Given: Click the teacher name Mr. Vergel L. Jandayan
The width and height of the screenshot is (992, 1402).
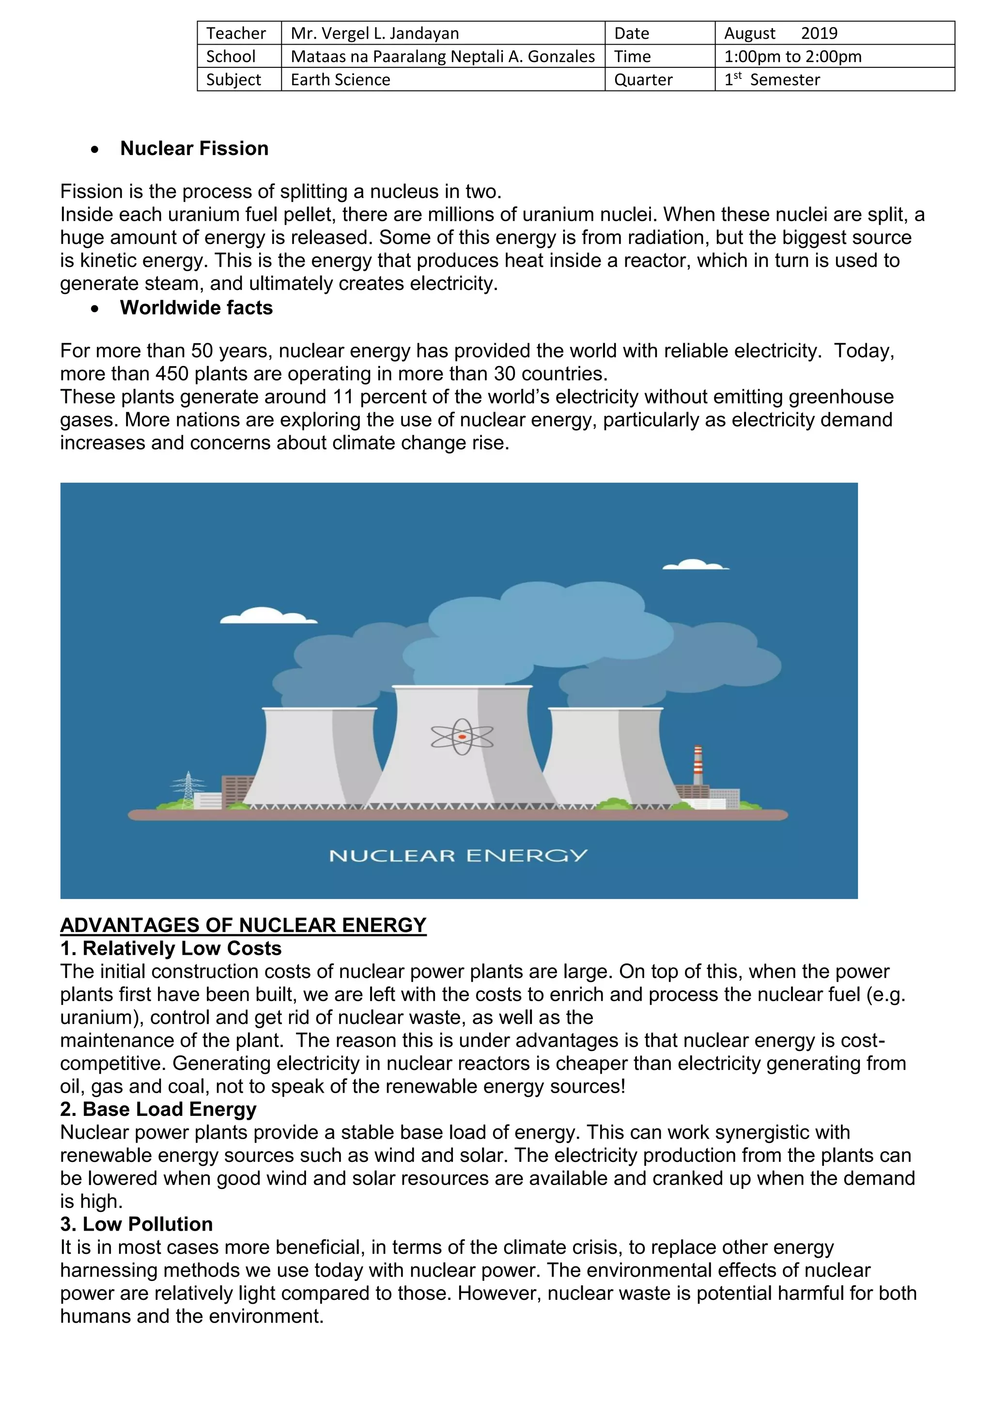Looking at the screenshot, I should click(374, 33).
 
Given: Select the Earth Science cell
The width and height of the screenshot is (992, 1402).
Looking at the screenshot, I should click(340, 79).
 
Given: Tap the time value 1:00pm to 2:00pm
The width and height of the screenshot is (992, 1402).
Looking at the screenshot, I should click(792, 56).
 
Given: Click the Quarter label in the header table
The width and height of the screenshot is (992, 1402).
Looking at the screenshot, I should click(643, 79).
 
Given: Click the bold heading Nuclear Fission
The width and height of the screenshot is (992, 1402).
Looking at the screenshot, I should click(194, 149).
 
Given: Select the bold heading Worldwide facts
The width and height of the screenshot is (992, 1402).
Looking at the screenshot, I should click(196, 308).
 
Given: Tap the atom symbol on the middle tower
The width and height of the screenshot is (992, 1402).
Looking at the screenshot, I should click(462, 736).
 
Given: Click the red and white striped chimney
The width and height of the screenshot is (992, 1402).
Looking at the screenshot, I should click(697, 764).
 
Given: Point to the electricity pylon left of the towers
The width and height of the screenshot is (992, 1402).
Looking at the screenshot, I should click(188, 790).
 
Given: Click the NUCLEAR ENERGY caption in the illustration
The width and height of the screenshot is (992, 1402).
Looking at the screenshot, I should click(458, 855).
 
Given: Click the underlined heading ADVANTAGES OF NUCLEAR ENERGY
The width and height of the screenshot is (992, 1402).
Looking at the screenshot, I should click(243, 925).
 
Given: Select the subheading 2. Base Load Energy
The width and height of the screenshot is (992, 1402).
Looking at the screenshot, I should click(158, 1109).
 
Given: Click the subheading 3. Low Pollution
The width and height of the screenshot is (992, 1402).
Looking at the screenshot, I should click(136, 1224).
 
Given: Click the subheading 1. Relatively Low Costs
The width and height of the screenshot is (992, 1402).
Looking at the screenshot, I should click(170, 948).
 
